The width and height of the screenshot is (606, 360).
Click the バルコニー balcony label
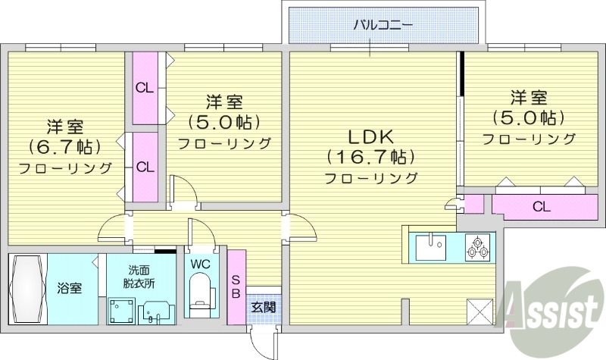(383, 24)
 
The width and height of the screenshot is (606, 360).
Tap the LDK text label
(370, 138)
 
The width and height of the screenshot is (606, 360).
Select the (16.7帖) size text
(370, 158)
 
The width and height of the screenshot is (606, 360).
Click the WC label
(200, 265)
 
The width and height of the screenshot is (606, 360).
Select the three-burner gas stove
(477, 246)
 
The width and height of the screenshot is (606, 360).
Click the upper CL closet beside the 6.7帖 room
(145, 87)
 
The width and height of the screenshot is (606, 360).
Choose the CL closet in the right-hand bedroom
(540, 205)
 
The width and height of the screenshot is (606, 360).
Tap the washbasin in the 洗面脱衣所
(158, 311)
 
